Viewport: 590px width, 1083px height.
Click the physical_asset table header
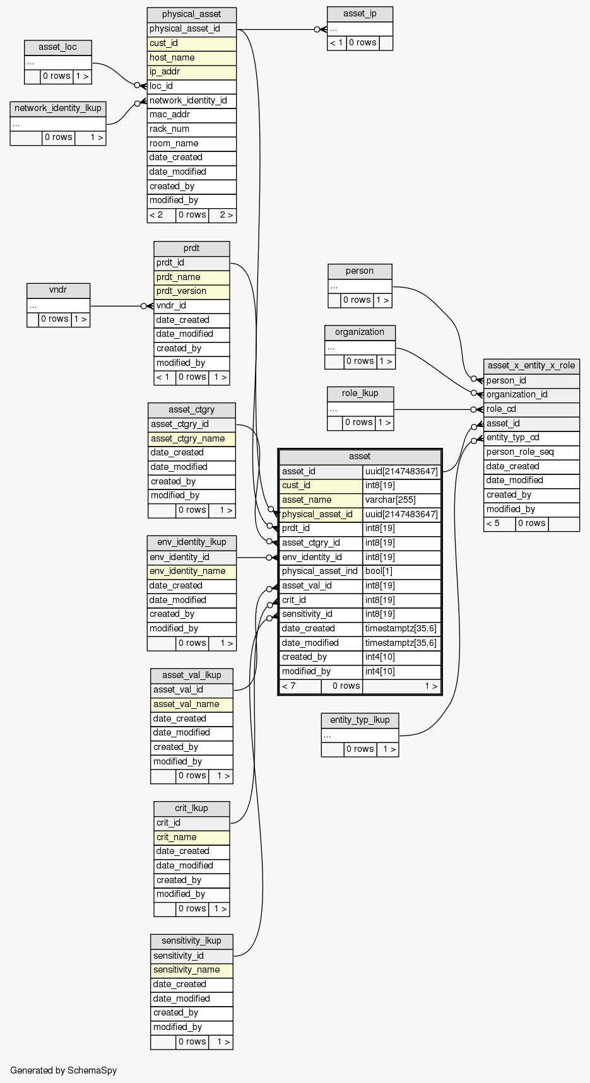(x=191, y=15)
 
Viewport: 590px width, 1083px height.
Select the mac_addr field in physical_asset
(x=191, y=115)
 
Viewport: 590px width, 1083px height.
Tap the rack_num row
(x=191, y=129)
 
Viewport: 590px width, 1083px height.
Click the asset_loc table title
(x=57, y=47)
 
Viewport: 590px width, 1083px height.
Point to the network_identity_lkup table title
(x=57, y=108)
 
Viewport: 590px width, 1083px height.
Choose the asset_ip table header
(x=360, y=14)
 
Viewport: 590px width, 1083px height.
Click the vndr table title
(x=58, y=290)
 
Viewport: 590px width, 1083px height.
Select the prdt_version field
(x=191, y=291)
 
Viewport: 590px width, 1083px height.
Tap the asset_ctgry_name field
(x=191, y=438)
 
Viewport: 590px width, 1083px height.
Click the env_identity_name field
(x=191, y=571)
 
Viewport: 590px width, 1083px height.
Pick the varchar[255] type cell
(x=401, y=500)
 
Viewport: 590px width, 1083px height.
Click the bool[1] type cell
(x=401, y=571)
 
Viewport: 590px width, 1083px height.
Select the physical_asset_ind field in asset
(x=321, y=571)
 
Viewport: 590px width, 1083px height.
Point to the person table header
(x=360, y=271)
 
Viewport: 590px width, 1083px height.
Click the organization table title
(x=360, y=332)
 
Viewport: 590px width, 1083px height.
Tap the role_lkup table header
(x=360, y=394)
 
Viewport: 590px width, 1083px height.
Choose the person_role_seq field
(x=531, y=452)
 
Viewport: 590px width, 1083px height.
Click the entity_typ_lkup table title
(x=360, y=720)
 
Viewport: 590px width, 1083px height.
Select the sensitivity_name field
(x=191, y=970)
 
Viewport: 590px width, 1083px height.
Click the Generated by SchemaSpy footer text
(x=63, y=1070)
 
